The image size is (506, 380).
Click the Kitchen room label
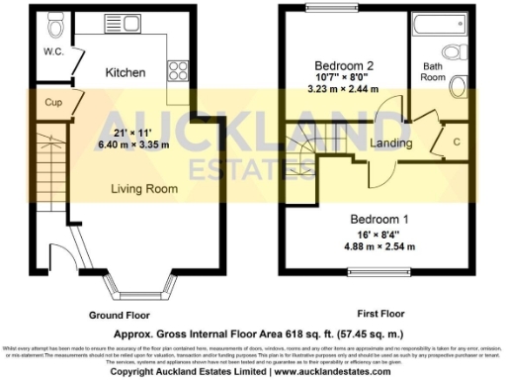[x=126, y=72]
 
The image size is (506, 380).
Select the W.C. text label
[x=54, y=51]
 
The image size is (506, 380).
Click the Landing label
[x=390, y=144]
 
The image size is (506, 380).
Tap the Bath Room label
[x=434, y=70]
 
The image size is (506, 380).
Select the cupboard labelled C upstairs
[x=455, y=142]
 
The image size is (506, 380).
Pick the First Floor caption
[x=379, y=315]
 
